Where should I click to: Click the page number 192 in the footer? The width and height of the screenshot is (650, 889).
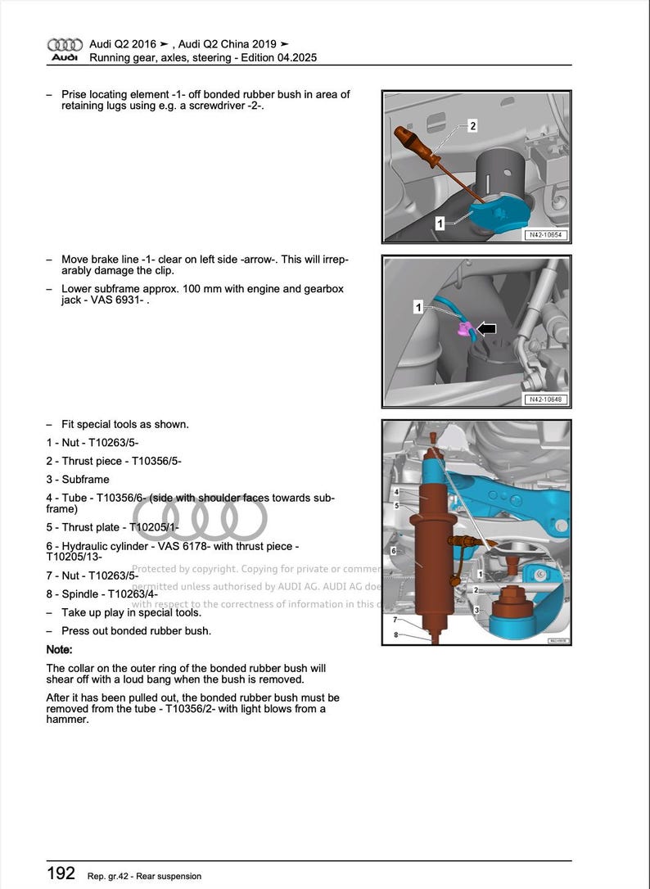[x=61, y=873]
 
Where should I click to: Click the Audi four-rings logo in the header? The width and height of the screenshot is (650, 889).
[x=65, y=44]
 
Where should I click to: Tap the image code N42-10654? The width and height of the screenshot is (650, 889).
[x=546, y=236]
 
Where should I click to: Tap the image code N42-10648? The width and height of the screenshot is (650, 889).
[x=546, y=399]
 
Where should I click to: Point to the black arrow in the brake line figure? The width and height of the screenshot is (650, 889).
[x=486, y=329]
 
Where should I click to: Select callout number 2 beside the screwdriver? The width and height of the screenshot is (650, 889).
[x=472, y=126]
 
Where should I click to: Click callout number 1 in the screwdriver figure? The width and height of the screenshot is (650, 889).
[x=440, y=223]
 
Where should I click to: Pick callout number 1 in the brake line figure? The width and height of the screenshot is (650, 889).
[x=418, y=308]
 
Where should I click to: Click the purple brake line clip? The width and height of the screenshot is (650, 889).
[x=464, y=329]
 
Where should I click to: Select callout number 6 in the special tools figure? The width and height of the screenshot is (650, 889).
[x=394, y=552]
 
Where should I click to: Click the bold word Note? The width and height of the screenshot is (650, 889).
[x=60, y=649]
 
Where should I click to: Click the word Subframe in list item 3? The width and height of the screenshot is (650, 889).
[x=85, y=480]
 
